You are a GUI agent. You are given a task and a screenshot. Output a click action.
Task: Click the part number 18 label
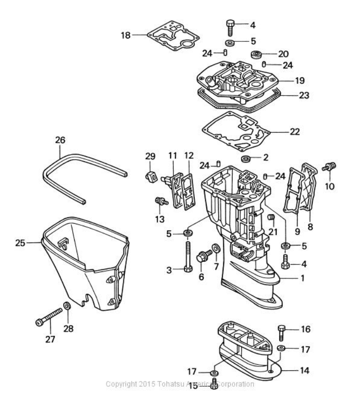pos(125,35)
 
